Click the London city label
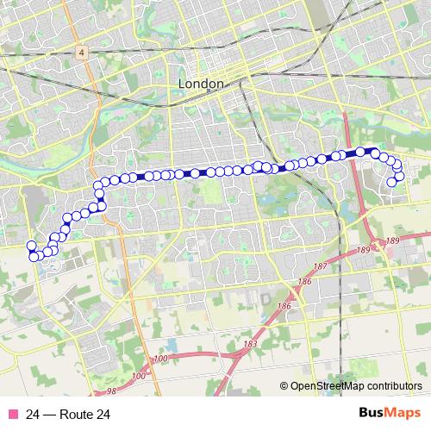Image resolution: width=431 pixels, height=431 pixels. [200, 84]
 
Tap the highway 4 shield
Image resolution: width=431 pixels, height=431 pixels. [79, 52]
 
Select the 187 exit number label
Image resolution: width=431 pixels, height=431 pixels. [322, 267]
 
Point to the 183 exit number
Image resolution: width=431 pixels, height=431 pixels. [250, 345]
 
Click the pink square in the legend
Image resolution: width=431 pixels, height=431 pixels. [13, 415]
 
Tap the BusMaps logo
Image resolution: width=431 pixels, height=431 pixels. [389, 414]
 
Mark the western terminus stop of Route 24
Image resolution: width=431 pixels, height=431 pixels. [32, 245]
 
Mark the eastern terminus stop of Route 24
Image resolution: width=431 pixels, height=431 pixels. [392, 182]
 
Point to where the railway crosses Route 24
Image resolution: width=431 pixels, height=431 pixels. [256, 167]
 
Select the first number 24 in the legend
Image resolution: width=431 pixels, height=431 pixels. [33, 415]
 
